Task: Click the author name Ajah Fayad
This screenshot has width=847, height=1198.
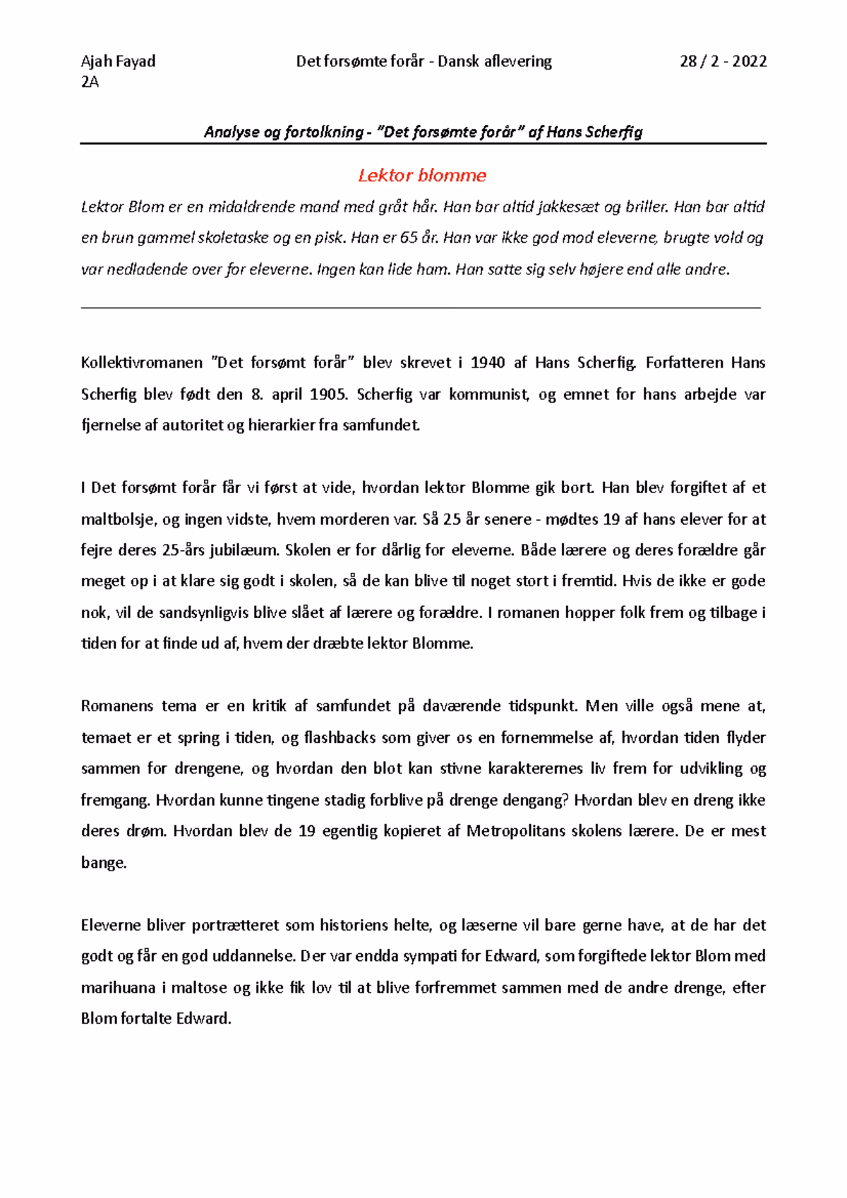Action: click(118, 61)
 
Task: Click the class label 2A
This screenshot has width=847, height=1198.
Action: click(90, 82)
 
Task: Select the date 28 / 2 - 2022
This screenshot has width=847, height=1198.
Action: click(723, 61)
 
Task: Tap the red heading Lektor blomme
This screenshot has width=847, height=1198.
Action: click(422, 175)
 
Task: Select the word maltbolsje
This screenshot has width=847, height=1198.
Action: click(118, 520)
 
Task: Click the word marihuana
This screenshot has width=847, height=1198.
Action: click(118, 988)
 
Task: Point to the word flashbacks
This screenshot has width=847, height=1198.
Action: click(340, 738)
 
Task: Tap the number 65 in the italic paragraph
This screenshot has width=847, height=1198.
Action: click(409, 238)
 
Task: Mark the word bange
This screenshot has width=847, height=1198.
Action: click(104, 863)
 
